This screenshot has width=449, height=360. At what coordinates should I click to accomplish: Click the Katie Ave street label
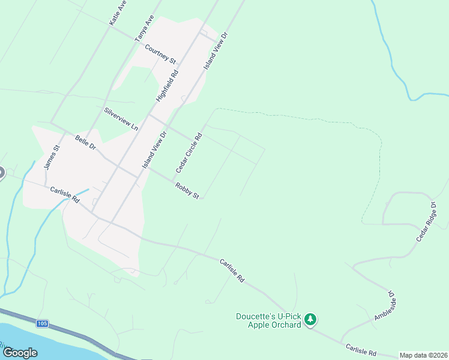(118, 13)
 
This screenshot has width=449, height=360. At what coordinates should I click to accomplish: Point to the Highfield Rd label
(167, 86)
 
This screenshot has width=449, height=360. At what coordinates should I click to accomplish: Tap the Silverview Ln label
(121, 119)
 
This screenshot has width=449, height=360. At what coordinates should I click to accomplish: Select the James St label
(52, 157)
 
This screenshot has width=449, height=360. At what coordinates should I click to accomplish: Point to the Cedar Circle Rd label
(189, 154)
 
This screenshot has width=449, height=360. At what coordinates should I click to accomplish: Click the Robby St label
(187, 191)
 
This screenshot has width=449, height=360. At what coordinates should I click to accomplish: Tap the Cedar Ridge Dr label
(427, 222)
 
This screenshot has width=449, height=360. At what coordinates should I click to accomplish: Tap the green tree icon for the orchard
(310, 320)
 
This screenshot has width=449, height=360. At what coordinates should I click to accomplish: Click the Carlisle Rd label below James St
(65, 195)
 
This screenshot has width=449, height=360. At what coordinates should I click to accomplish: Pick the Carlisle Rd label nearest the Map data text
(360, 349)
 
